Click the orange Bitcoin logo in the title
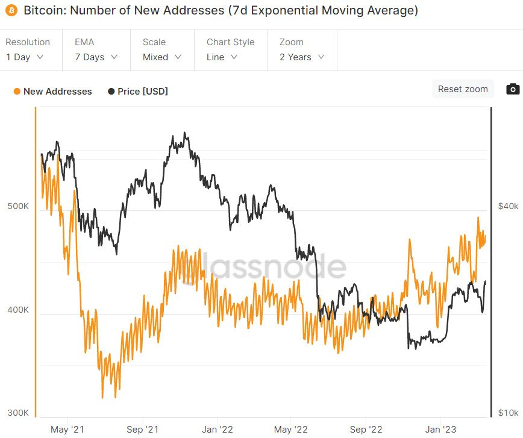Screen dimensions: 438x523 [11, 11]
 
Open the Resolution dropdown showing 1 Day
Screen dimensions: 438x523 [25, 57]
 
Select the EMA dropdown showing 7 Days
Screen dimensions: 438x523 [96, 57]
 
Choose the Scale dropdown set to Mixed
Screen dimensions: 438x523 [161, 57]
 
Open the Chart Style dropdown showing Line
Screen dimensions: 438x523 [222, 57]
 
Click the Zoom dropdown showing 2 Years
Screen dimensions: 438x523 [302, 57]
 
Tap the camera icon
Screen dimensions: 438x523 [513, 89]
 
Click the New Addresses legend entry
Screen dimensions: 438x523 [52, 92]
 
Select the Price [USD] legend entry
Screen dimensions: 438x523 [138, 92]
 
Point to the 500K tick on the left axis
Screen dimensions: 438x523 [18, 207]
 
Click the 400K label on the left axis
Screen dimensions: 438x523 [18, 310]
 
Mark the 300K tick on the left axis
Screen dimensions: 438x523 [18, 413]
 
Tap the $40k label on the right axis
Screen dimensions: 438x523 [508, 207]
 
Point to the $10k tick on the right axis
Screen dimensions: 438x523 [508, 413]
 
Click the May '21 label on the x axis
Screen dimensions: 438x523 [68, 430]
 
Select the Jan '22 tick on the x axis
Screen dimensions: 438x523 [217, 430]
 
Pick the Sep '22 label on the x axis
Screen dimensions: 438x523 [366, 430]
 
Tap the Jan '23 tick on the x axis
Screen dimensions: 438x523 [440, 430]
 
